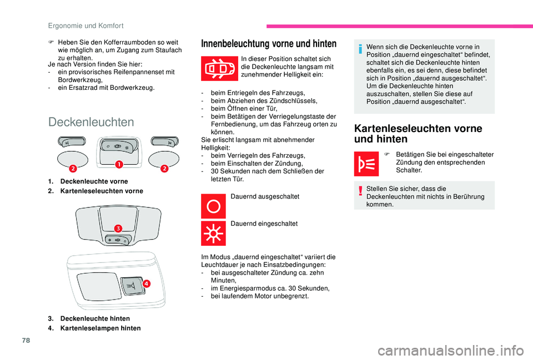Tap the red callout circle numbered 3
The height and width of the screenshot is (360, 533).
(x=118, y=228)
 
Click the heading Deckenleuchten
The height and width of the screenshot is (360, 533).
(x=91, y=122)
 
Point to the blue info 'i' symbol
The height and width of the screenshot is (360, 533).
(x=359, y=49)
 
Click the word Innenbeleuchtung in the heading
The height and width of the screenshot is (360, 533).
(x=232, y=44)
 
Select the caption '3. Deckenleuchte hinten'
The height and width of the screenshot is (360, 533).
(x=89, y=318)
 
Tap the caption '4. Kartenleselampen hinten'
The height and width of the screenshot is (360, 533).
(x=94, y=328)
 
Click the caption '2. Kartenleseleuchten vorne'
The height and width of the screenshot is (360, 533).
(x=95, y=191)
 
